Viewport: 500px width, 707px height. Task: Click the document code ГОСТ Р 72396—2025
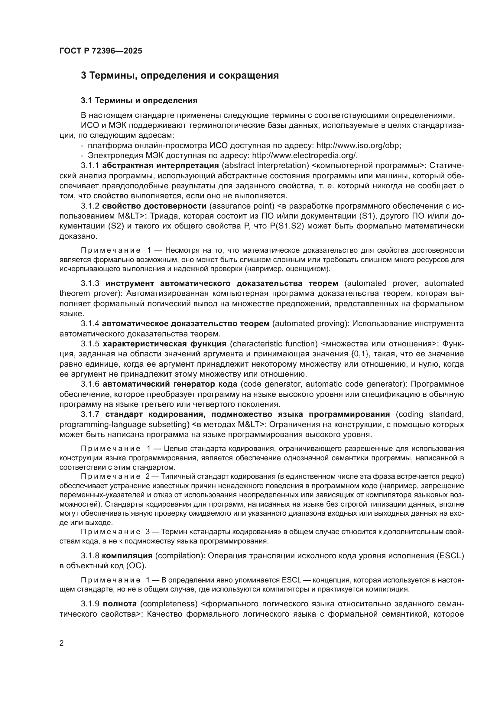point(101,51)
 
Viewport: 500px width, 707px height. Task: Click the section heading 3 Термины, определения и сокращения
point(180,75)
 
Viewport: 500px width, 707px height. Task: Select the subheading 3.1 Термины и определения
point(139,100)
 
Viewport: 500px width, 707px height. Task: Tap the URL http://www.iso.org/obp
point(359,145)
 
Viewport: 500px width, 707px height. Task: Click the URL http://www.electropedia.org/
point(304,155)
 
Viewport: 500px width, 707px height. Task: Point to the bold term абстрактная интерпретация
point(160,165)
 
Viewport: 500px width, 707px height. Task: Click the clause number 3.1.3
point(90,283)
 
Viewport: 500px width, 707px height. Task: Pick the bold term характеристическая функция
point(164,344)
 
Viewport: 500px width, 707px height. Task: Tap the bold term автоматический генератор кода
point(170,384)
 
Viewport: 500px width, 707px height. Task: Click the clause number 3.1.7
point(90,414)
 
